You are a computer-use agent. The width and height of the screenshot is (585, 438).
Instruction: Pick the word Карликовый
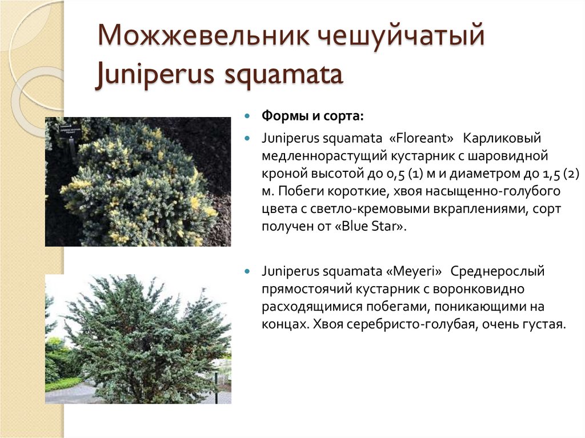tap(502, 138)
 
